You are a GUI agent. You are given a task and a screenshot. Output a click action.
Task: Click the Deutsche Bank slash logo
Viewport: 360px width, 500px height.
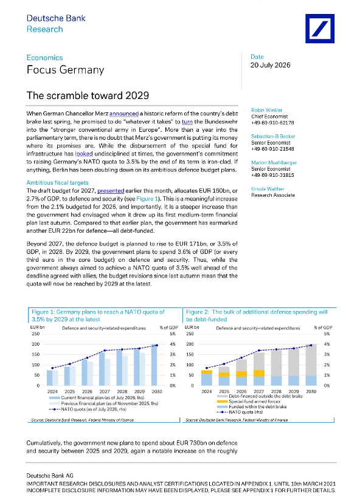click(x=320, y=29)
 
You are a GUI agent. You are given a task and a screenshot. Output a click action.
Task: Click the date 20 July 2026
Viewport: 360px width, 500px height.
click(x=271, y=65)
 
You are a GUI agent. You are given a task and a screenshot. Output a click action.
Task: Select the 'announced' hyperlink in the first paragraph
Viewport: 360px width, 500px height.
click(x=124, y=114)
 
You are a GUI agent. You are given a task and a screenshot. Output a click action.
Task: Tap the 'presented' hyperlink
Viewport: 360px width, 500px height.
click(x=111, y=191)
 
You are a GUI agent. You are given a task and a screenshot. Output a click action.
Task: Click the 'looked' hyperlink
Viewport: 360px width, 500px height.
click(x=84, y=154)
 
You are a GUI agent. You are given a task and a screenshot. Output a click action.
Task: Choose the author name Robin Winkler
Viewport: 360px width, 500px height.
click(x=267, y=110)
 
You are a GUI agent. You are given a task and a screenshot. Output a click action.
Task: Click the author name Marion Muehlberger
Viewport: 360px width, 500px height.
click(x=274, y=162)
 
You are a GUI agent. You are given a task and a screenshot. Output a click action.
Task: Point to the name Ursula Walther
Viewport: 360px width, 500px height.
click(x=268, y=189)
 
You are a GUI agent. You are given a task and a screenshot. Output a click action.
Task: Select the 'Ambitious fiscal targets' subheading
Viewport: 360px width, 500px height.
click(x=57, y=183)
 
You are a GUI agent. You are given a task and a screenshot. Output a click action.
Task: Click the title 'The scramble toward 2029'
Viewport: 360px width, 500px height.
click(x=88, y=95)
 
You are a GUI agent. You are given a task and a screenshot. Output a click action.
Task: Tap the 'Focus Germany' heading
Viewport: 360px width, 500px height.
click(x=66, y=70)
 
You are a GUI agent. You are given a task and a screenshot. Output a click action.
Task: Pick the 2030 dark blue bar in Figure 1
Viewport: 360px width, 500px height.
click(x=154, y=365)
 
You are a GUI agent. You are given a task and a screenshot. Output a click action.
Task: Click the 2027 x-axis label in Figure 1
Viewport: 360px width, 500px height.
click(x=105, y=391)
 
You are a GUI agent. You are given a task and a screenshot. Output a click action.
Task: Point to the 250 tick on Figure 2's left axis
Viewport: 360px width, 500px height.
click(x=190, y=334)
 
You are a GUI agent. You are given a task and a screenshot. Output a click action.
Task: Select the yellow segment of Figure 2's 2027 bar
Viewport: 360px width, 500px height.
click(x=259, y=373)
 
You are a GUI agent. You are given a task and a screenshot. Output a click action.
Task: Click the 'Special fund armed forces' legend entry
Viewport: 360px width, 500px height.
click(x=254, y=402)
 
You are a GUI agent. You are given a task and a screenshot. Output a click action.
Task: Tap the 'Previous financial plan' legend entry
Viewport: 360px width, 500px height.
click(x=109, y=403)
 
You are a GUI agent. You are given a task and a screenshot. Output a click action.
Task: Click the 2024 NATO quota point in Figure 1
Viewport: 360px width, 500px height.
click(x=53, y=368)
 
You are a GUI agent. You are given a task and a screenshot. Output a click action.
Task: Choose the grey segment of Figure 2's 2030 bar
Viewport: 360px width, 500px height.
click(x=311, y=360)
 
